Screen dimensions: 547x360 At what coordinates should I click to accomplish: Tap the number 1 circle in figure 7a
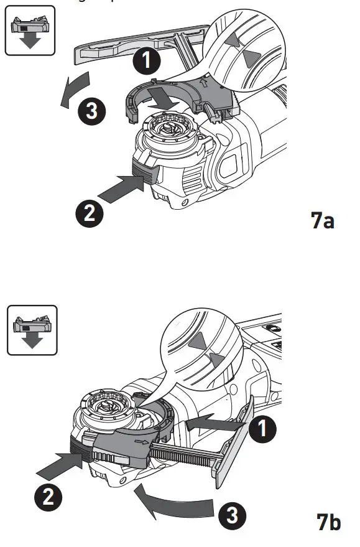(147, 61)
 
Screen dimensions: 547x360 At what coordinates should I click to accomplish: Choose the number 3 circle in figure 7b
(230, 516)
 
